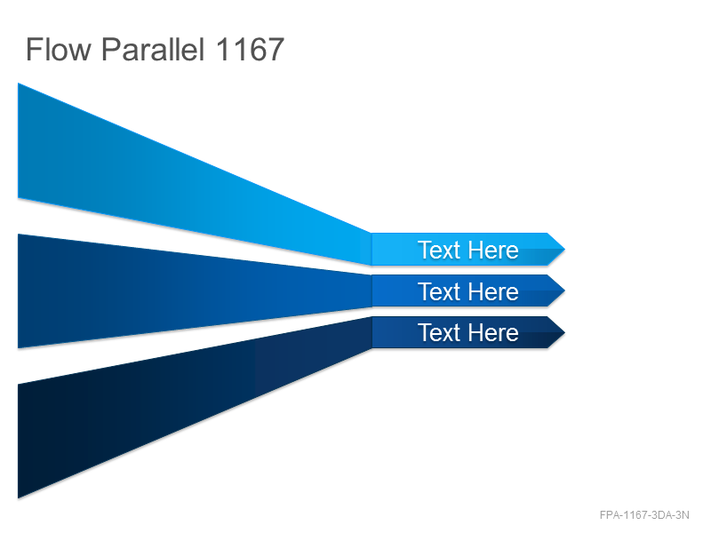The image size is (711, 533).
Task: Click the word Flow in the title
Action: [58, 50]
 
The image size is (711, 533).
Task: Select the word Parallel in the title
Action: [153, 50]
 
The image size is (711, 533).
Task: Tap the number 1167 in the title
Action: [250, 50]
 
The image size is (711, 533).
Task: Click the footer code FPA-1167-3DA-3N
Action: [644, 515]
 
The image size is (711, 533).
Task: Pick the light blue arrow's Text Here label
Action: [468, 251]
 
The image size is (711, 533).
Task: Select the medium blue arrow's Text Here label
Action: [468, 291]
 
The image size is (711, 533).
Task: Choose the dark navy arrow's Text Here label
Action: [468, 332]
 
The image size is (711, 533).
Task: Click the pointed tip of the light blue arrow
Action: [564, 249]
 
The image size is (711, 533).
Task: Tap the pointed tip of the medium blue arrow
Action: [564, 290]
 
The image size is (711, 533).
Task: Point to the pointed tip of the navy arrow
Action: [564, 332]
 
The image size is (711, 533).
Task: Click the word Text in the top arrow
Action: [439, 251]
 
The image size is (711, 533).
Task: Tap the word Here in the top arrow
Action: [493, 251]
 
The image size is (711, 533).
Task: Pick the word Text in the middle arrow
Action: [439, 291]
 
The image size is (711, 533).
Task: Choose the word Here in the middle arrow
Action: [493, 291]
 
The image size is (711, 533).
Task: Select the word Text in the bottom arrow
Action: [439, 332]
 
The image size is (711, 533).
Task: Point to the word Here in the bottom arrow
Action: [493, 332]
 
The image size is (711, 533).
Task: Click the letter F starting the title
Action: [34, 50]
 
